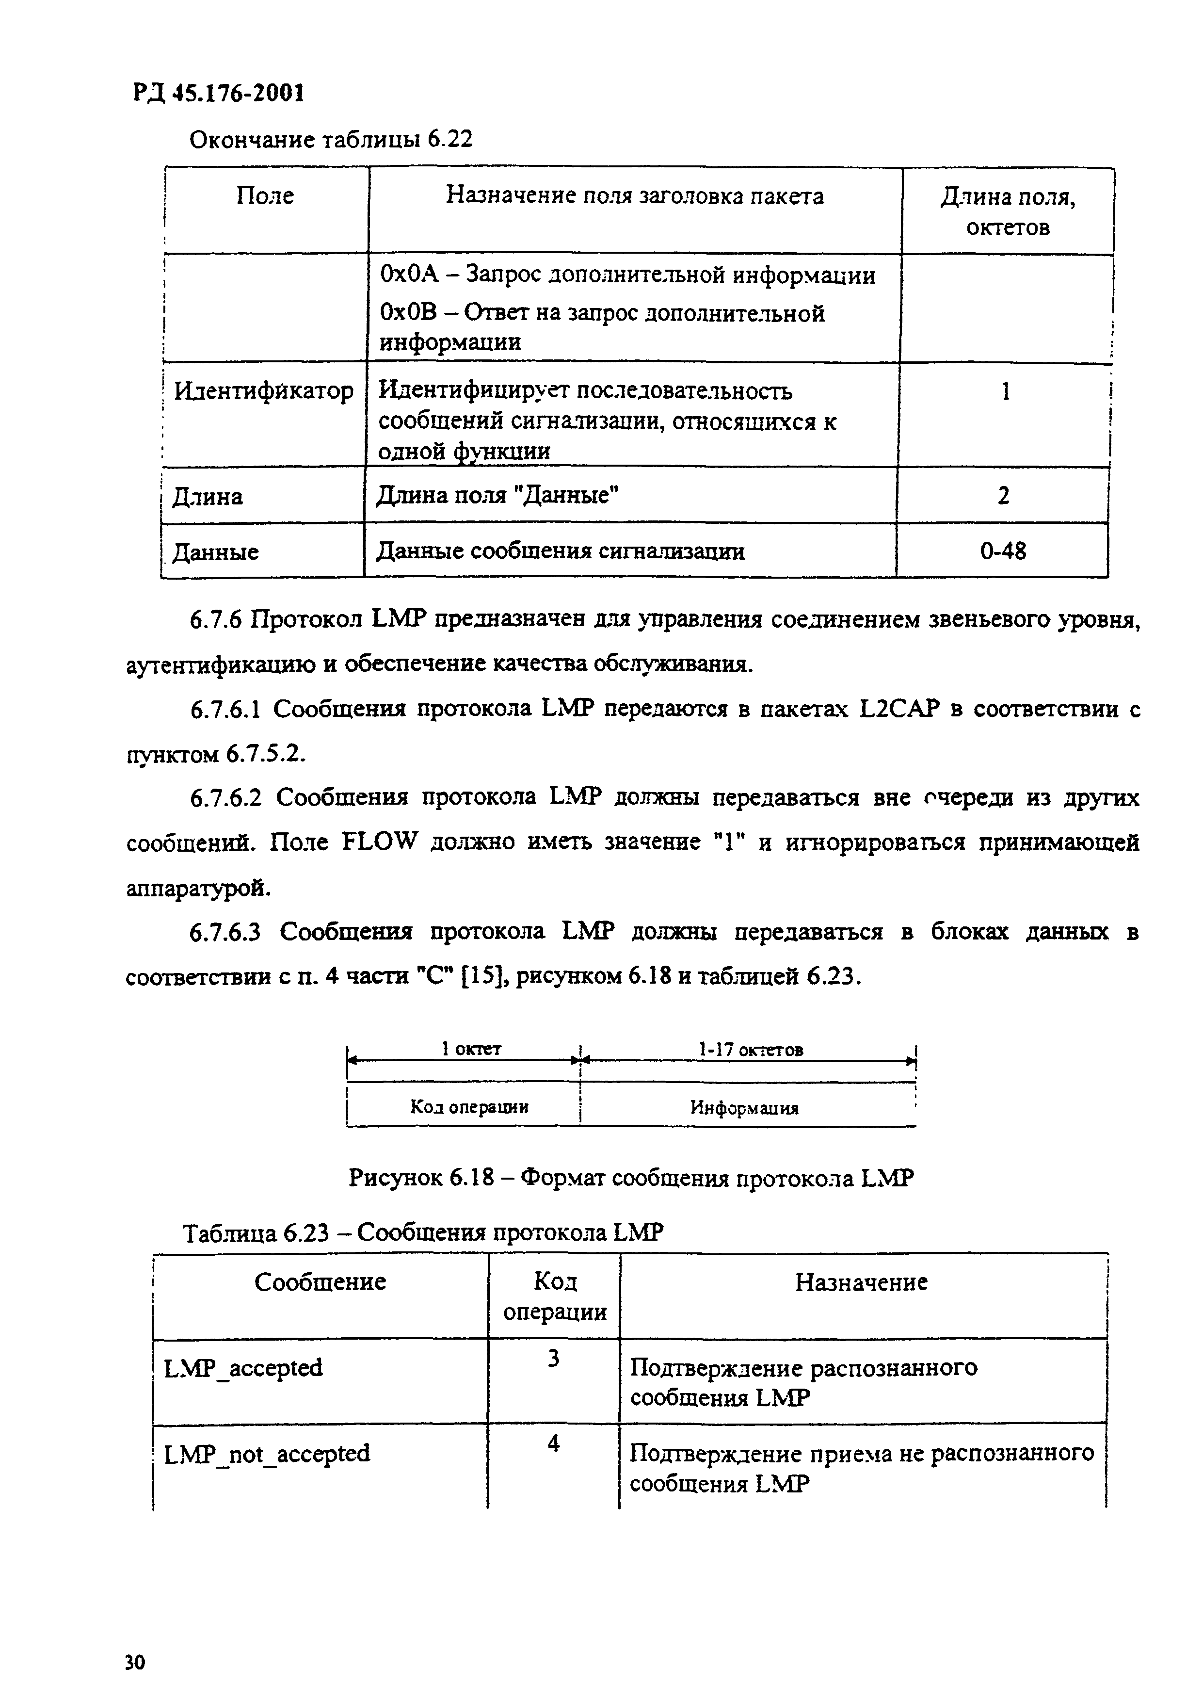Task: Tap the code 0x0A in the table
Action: click(x=409, y=275)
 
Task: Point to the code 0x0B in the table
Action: click(x=409, y=313)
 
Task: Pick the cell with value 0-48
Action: click(x=1003, y=551)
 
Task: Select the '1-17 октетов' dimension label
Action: click(x=751, y=1049)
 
